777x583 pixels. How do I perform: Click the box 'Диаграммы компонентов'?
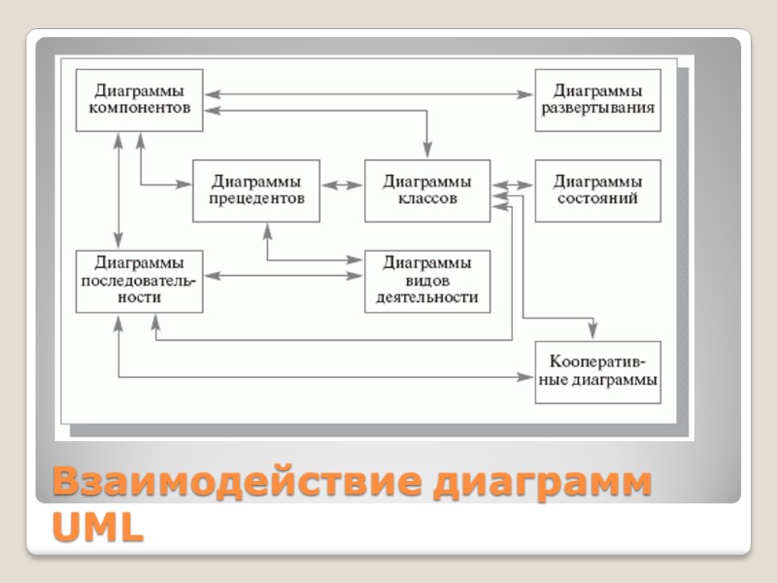coord(139,100)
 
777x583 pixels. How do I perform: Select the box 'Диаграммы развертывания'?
coord(597,100)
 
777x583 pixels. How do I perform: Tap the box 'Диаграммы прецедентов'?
coord(256,190)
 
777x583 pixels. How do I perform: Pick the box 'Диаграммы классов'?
coord(427,190)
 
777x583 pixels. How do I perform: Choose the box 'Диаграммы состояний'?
coord(597,190)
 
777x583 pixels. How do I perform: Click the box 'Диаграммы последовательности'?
coord(139,281)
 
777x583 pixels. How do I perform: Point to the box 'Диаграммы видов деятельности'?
coord(427,281)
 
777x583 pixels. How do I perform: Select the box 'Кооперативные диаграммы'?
coord(597,372)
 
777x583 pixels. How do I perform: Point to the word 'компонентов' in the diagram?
coord(139,108)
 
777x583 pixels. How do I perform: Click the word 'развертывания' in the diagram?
coord(597,108)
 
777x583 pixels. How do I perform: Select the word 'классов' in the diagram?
coord(427,199)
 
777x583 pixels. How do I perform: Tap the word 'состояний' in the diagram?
coord(597,199)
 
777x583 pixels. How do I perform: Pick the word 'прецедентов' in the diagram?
coord(256,199)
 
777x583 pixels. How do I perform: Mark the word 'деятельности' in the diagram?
coord(427,298)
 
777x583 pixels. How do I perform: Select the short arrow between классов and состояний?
coord(513,184)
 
